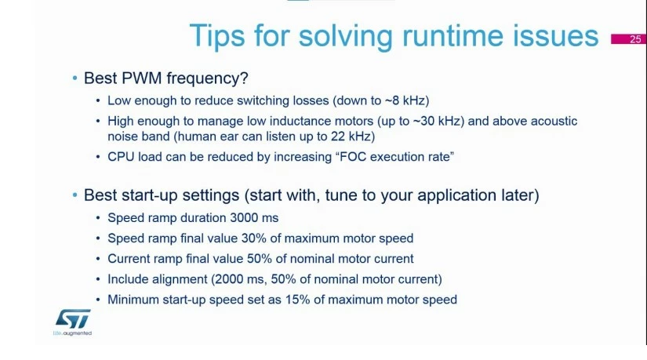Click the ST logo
(73, 318)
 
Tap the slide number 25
(635, 39)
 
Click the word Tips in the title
(217, 36)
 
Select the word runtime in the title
(453, 35)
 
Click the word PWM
(141, 78)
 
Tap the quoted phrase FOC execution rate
(395, 157)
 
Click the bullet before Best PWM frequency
(75, 78)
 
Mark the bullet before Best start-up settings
(75, 195)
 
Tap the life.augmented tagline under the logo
(73, 333)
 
